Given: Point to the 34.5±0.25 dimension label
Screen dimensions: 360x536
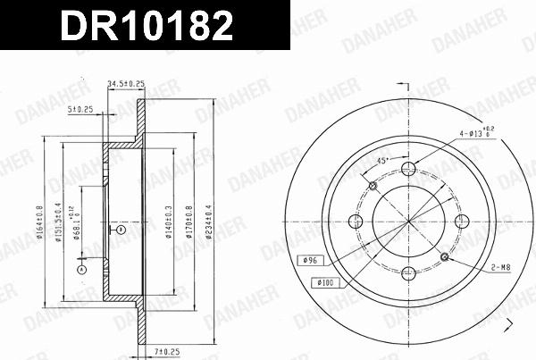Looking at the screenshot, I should pos(125,84).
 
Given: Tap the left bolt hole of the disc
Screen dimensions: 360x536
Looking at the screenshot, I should pos(356,222).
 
